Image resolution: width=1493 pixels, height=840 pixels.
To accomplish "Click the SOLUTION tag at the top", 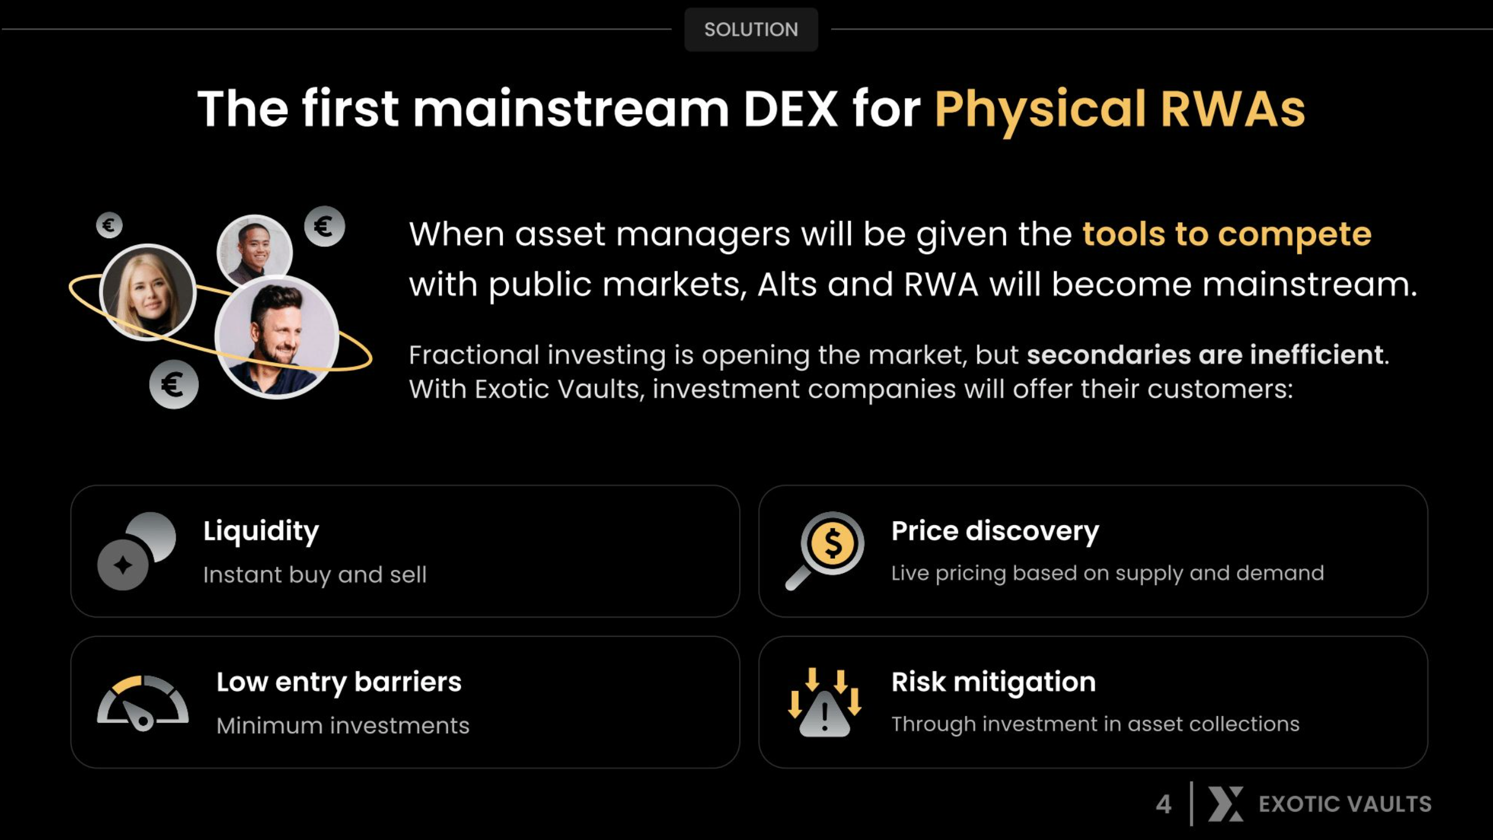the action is click(x=751, y=29).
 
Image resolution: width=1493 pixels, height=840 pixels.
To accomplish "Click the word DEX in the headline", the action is click(x=791, y=109).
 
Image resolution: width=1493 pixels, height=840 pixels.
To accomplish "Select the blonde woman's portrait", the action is click(x=148, y=292).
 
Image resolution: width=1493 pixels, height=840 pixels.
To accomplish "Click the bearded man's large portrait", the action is click(x=277, y=337).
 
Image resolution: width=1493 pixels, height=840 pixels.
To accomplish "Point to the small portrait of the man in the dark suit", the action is click(x=254, y=250).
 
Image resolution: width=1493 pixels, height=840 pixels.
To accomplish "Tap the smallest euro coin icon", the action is click(x=109, y=225).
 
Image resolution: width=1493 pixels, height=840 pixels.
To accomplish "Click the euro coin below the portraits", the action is click(x=174, y=384).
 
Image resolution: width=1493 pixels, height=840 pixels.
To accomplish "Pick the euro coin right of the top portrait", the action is click(x=325, y=227).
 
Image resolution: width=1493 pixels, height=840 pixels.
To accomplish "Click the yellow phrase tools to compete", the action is click(x=1227, y=235).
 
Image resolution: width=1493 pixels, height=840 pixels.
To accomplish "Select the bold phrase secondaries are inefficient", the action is click(x=1205, y=354).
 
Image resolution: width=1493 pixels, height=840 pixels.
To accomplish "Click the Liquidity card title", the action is click(x=261, y=531).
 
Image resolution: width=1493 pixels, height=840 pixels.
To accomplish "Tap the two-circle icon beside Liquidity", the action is click(x=137, y=551).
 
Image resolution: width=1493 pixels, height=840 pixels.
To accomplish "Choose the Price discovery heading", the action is click(x=995, y=532).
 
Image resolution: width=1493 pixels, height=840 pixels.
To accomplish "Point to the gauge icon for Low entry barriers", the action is click(x=143, y=703).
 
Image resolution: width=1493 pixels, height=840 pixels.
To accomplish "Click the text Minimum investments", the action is click(x=343, y=726).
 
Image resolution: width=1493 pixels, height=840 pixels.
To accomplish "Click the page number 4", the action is click(x=1163, y=804).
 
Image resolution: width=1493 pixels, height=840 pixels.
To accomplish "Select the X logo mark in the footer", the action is click(x=1226, y=804).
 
